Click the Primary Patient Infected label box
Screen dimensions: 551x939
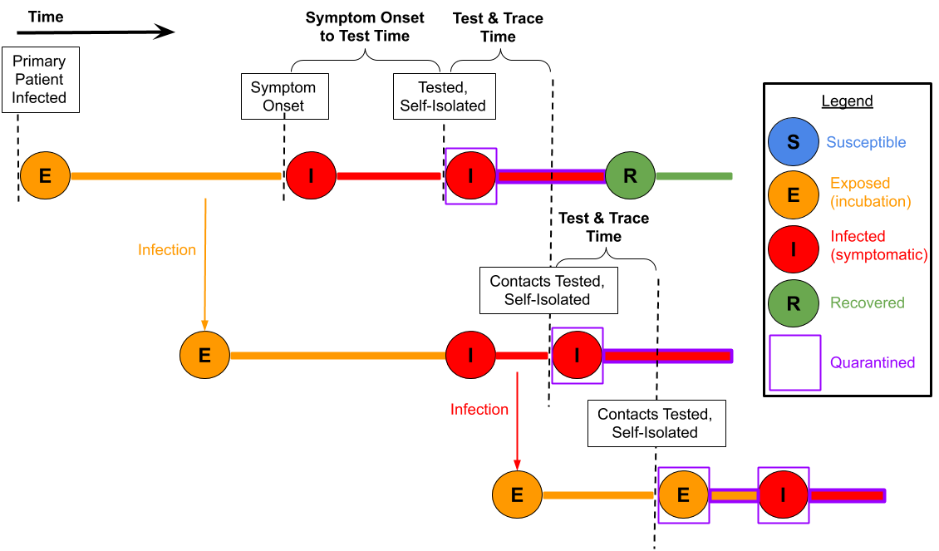click(39, 80)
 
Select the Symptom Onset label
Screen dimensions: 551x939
click(283, 96)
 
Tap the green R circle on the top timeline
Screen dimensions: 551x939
click(630, 175)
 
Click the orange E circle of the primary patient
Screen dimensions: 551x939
click(45, 175)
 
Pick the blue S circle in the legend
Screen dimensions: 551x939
click(793, 142)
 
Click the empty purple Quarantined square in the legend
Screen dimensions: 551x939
click(795, 362)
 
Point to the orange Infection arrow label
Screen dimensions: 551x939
click(167, 250)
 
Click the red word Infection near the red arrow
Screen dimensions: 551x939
click(479, 410)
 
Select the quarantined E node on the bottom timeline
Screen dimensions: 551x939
click(683, 494)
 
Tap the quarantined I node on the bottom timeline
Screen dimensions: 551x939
click(783, 494)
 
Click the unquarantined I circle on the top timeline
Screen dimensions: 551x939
click(311, 175)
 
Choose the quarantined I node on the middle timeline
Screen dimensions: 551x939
click(577, 355)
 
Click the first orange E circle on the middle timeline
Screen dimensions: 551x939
click(204, 355)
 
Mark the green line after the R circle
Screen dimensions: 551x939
click(694, 176)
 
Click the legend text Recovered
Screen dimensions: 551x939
click(867, 303)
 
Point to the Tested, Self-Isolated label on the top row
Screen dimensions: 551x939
click(442, 96)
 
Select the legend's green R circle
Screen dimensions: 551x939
click(793, 303)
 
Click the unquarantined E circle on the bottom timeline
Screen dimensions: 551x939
click(517, 494)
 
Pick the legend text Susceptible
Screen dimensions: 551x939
click(865, 143)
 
